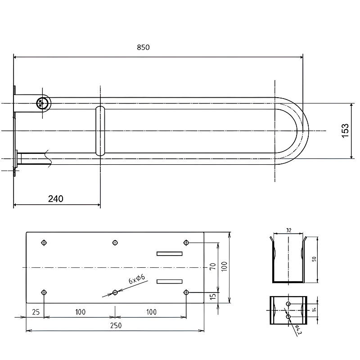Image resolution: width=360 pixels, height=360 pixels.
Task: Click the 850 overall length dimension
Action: pos(143,47)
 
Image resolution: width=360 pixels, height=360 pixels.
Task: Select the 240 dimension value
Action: pos(56,198)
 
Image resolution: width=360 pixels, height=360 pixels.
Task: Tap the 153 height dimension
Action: pos(345,131)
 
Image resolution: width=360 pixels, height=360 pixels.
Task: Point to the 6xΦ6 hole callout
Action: pos(137,279)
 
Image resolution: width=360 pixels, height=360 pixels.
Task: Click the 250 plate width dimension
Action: pos(116,325)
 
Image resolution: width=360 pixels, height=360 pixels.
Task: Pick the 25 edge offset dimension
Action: pos(36,312)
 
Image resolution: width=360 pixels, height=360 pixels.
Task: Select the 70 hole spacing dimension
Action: pos(213,266)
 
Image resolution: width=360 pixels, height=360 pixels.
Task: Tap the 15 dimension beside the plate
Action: pos(213,296)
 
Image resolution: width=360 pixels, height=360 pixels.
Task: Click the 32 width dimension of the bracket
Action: pos(289,230)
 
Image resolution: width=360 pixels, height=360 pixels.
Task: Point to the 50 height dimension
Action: pos(314,259)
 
